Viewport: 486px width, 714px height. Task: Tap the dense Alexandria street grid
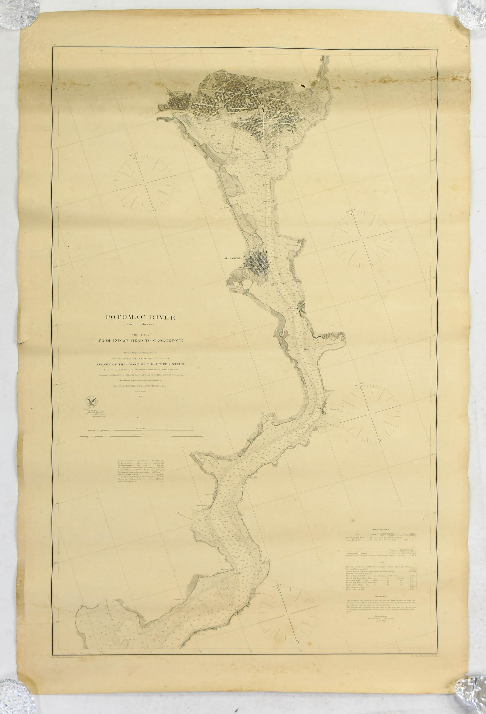[259, 260]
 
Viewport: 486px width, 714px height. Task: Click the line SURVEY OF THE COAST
[140, 364]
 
